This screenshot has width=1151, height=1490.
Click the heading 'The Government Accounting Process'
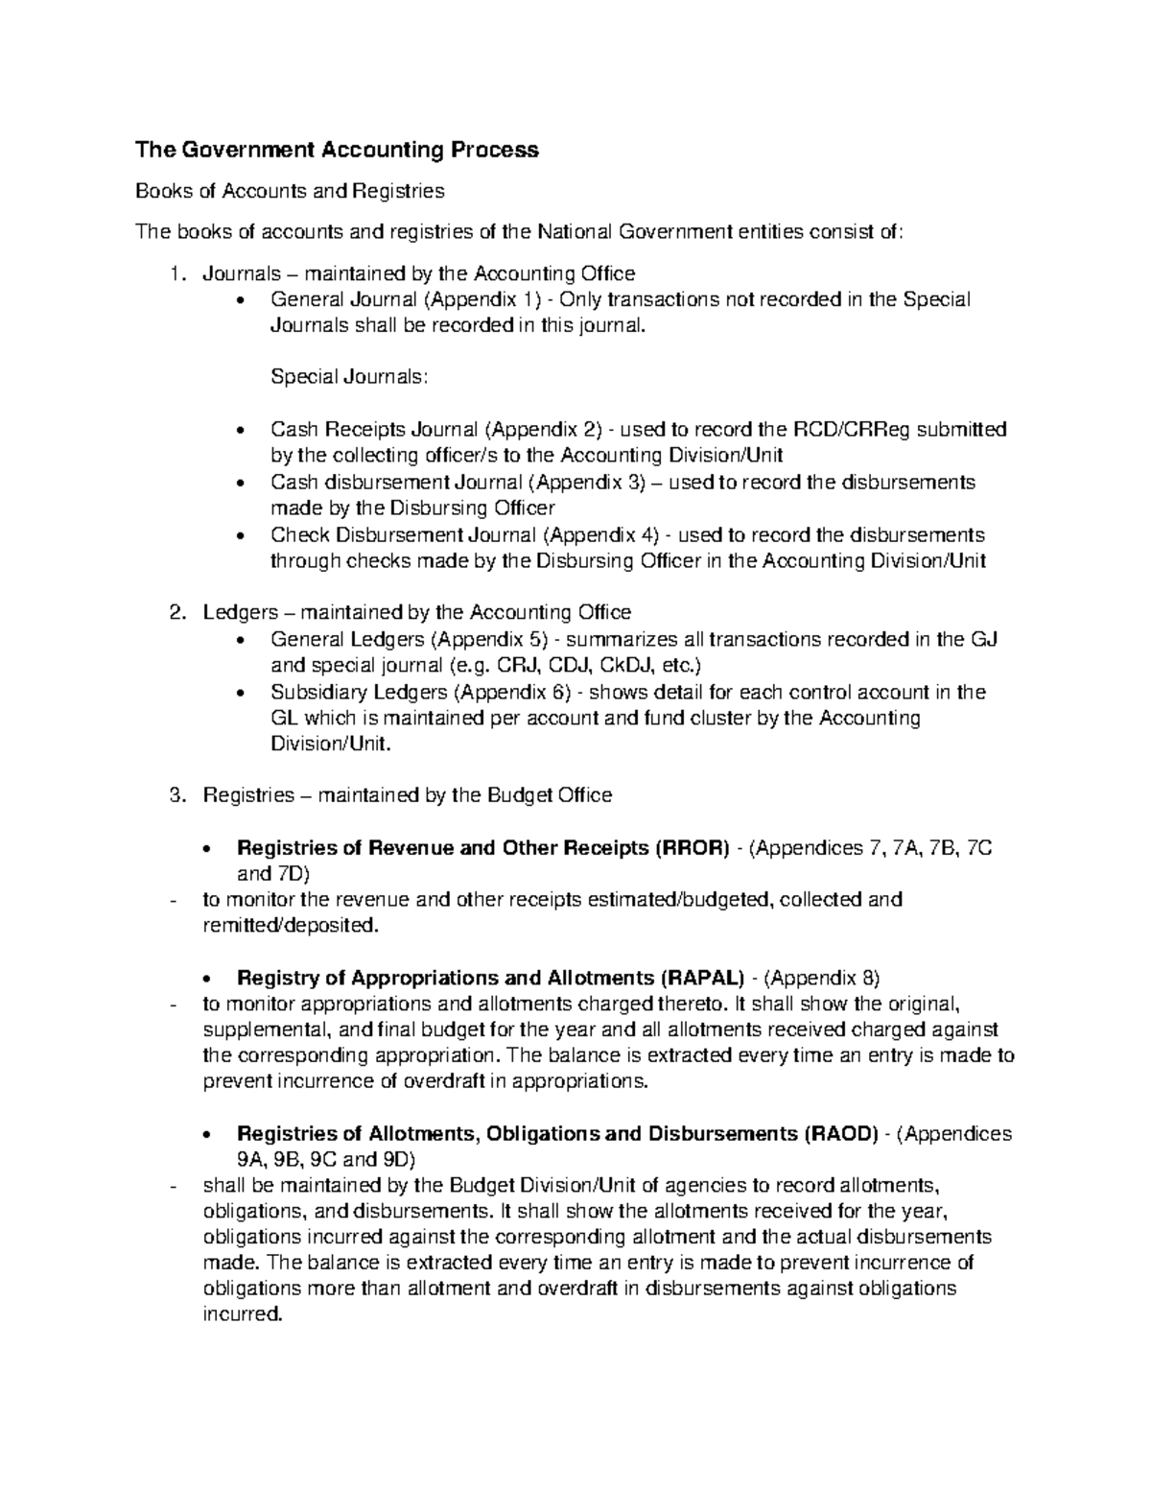pyautogui.click(x=337, y=150)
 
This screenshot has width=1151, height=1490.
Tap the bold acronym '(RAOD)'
pyautogui.click(x=837, y=1134)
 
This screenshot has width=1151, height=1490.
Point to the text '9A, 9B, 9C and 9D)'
pyautogui.click(x=318, y=1159)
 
